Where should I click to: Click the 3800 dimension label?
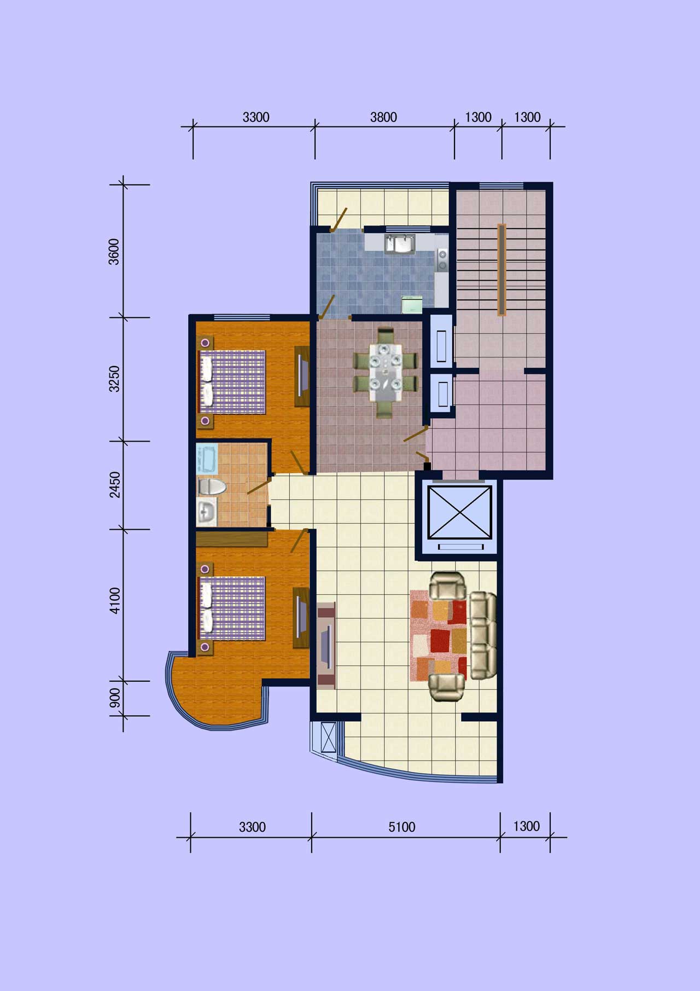[x=383, y=117]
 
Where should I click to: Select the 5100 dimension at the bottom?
[x=402, y=827]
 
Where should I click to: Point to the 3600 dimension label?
[x=114, y=252]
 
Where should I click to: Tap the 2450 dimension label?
[x=114, y=485]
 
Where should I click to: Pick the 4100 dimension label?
[x=114, y=600]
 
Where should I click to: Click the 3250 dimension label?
[x=114, y=379]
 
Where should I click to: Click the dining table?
[x=385, y=372]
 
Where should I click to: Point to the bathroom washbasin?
[x=207, y=513]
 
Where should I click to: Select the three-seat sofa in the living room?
[x=483, y=635]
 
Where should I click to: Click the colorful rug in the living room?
[x=439, y=635]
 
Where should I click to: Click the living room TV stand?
[x=326, y=645]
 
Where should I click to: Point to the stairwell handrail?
[x=501, y=270]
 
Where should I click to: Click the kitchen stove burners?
[x=442, y=260]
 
